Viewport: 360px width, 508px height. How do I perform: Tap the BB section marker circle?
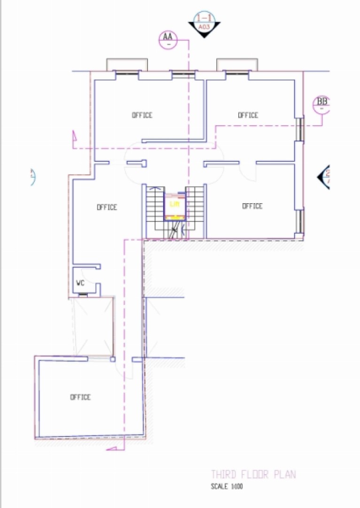(322, 104)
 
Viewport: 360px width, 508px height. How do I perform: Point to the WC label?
(80, 283)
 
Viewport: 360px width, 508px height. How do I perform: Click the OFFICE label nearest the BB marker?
(248, 115)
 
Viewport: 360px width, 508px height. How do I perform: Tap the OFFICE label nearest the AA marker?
(142, 115)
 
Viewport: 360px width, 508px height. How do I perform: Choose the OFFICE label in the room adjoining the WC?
(107, 207)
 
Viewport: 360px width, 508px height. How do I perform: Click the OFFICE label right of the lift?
(252, 206)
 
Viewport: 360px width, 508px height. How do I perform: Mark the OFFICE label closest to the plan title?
(80, 397)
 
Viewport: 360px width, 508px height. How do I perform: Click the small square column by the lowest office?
(112, 360)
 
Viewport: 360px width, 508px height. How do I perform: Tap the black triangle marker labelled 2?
(324, 176)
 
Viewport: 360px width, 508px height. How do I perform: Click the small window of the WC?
(83, 295)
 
